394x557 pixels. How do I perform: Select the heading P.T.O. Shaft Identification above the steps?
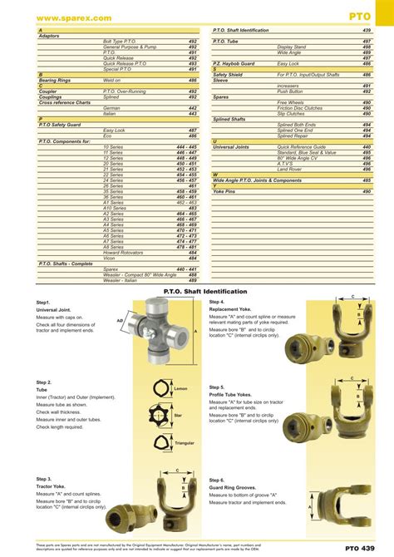tap(197, 291)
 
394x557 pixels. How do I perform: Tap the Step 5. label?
tap(217, 387)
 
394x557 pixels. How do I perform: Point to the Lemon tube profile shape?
tap(160, 387)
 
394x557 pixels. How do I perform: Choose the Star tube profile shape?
tap(160, 413)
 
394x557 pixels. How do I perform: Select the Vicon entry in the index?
tap(109, 258)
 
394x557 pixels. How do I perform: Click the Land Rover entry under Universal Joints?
tap(290, 169)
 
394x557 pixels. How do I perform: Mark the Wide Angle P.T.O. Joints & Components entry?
tap(257, 180)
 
